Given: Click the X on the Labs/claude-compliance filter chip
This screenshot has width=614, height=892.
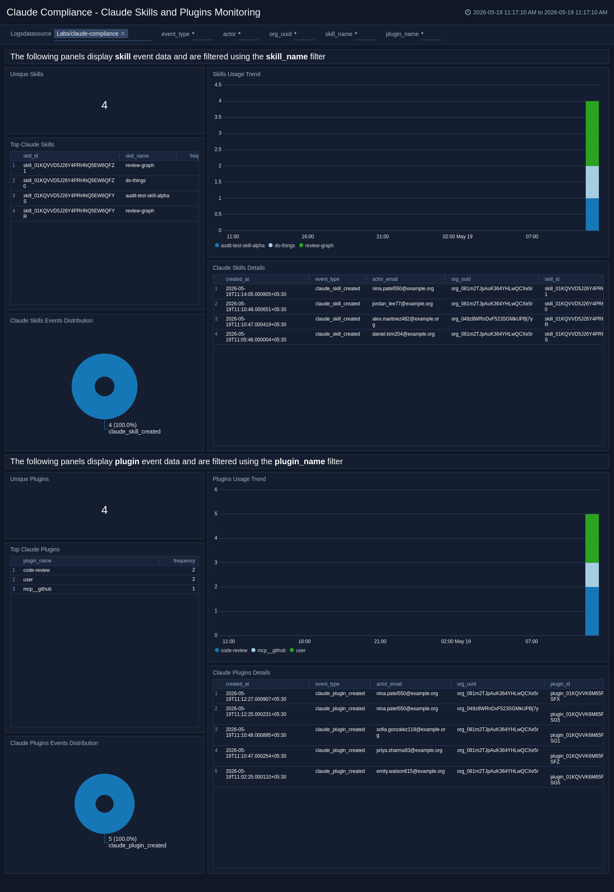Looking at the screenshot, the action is pos(123,34).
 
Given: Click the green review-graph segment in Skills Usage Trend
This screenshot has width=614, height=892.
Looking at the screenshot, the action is pos(592,133).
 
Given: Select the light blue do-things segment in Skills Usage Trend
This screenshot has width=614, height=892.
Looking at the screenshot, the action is pos(592,182).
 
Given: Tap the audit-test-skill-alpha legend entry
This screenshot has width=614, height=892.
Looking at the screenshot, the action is pos(240,246).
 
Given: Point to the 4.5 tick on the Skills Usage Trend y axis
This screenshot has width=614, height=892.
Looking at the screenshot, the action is pos(218,85).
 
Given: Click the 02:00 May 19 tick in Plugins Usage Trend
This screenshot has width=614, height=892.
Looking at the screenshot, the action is pos(456,641).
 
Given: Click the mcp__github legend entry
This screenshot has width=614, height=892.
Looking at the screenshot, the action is pos(269,650).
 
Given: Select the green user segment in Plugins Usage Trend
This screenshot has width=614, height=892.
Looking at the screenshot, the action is pos(592,538).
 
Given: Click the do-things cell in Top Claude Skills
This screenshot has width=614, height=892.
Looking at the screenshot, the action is pos(135,181).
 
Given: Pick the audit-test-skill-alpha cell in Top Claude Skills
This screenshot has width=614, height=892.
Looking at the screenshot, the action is pos(147,196).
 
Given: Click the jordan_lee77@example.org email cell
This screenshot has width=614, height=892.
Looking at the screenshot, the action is pos(402,304).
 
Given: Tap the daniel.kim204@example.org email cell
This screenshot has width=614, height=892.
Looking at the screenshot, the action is pos(403,334).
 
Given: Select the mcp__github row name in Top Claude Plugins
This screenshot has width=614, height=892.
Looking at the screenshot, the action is pos(37,589).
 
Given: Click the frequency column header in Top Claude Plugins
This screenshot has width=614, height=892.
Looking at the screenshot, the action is pos(184,561).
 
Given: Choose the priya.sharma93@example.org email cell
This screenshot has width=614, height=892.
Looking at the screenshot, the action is pos(409,750).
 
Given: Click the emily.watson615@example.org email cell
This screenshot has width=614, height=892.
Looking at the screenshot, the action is pos(411,771).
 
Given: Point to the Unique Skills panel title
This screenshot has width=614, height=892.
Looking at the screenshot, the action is pos(27,74).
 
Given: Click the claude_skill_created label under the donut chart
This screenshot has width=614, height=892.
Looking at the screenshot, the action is pos(135,431).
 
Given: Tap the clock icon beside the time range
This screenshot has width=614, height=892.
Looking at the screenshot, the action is pos(468,12).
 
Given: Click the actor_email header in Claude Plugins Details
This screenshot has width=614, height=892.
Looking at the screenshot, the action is pos(389,684).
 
